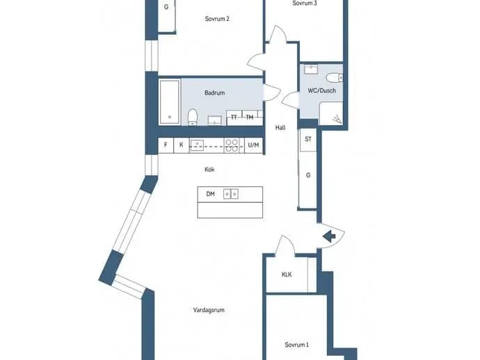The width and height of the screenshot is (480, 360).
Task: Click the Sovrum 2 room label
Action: click(x=217, y=19)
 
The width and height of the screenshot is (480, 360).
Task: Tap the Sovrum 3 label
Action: click(x=305, y=3)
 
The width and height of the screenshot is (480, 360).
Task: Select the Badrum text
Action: click(x=214, y=92)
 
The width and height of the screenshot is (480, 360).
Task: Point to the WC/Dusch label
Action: click(x=321, y=90)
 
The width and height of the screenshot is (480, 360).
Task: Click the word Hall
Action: click(x=280, y=128)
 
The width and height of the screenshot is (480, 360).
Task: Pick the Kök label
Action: click(x=209, y=170)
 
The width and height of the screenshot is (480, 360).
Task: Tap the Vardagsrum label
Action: click(x=209, y=310)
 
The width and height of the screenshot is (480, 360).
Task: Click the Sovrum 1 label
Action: click(x=296, y=345)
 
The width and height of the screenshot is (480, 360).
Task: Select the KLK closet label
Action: click(x=287, y=275)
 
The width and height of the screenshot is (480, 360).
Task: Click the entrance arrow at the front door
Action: click(x=329, y=236)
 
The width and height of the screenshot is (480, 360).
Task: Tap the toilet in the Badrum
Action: click(x=193, y=117)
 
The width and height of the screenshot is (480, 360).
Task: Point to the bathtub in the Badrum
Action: click(x=169, y=102)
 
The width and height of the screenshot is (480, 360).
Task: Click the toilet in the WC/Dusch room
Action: click(x=334, y=78)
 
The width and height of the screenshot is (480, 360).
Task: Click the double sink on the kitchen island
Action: click(x=231, y=194)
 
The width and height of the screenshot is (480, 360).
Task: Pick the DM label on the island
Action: click(x=210, y=194)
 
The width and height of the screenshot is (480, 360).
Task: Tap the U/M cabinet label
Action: click(x=253, y=145)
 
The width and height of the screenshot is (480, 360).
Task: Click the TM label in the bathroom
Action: click(x=250, y=117)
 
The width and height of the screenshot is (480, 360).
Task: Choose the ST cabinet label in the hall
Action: click(x=308, y=139)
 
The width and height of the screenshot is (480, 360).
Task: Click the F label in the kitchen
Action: click(x=166, y=145)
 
